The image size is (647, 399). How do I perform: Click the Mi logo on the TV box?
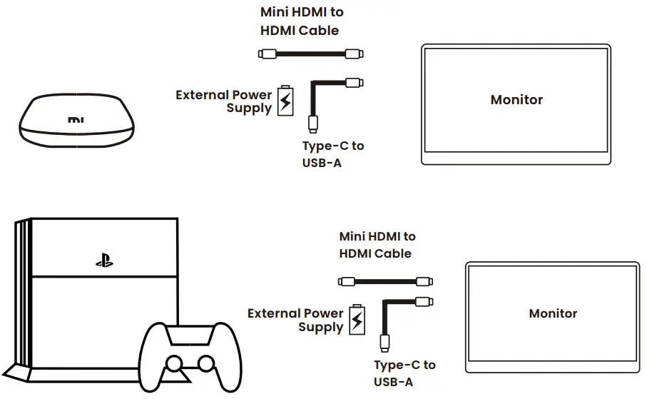[76, 120]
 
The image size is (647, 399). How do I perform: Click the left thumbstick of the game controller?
[173, 364]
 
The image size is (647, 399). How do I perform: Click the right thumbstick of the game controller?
[205, 364]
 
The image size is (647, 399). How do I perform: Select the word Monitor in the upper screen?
[516, 100]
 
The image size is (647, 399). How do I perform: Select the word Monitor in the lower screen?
[553, 313]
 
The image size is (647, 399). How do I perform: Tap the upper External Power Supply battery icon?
[285, 101]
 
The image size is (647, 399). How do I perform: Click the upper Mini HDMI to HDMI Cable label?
[302, 21]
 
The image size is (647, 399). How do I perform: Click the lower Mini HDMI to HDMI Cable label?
[377, 245]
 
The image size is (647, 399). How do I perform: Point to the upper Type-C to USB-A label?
[332, 154]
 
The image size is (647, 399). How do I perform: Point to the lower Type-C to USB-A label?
[404, 373]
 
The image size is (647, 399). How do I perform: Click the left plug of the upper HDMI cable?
[267, 54]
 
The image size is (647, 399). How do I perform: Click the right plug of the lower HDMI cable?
[424, 281]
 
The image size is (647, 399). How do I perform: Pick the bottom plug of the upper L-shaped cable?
[312, 123]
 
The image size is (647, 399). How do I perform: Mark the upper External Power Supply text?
[224, 101]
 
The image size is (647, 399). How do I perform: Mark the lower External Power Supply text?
[295, 320]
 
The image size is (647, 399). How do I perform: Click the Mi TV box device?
[76, 121]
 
